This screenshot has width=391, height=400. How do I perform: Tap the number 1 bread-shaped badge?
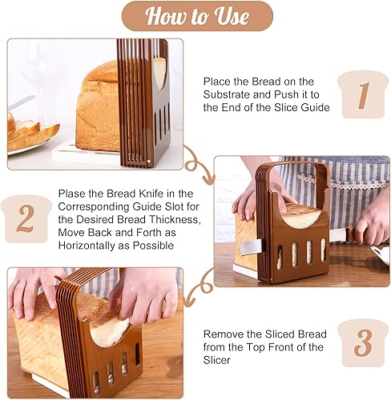(363, 95)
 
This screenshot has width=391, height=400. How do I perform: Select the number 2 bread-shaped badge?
(26, 218)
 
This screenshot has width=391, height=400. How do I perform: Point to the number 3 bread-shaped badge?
(363, 342)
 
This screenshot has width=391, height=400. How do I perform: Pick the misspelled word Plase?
(74, 194)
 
